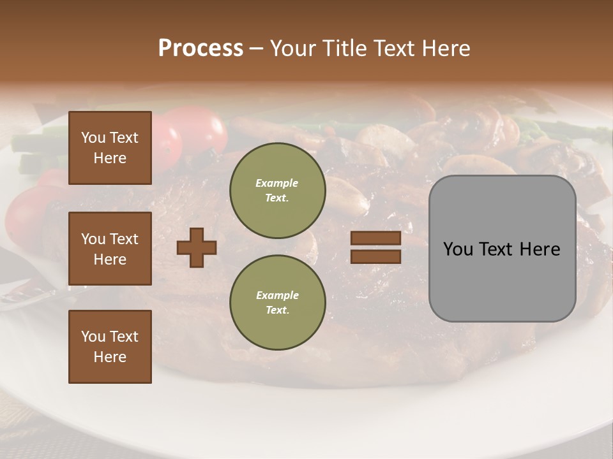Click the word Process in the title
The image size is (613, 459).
201,48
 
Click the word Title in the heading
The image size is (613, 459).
344,48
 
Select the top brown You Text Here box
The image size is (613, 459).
110,148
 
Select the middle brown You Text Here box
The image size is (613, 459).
110,249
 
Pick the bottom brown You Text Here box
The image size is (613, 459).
110,347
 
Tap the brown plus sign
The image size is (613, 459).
197,247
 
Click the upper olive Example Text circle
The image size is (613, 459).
277,191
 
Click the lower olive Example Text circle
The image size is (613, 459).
277,302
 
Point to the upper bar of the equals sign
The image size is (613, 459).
375,238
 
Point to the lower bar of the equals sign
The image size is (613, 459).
375,256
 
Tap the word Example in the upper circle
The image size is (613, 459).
277,183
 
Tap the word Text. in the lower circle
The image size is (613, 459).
277,310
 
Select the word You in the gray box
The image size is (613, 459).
458,249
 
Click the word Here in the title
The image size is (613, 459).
446,48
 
